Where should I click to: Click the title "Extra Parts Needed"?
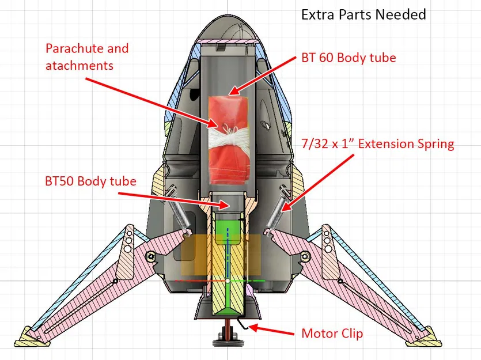[363, 14]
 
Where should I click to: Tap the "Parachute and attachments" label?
[87, 56]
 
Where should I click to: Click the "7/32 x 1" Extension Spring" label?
[377, 143]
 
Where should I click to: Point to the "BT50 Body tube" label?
[90, 181]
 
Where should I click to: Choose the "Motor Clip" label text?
[332, 334]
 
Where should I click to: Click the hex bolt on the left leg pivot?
[150, 256]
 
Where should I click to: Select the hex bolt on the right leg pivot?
[307, 256]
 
